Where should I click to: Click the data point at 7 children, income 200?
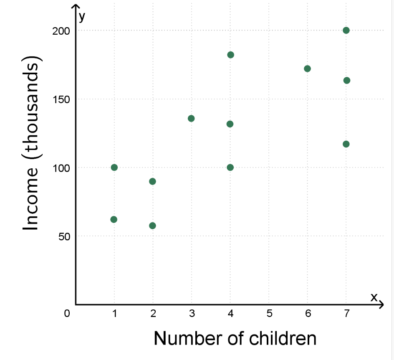pyautogui.click(x=346, y=30)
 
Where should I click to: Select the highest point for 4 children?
pyautogui.click(x=230, y=55)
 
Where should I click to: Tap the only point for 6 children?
pyautogui.click(x=307, y=68)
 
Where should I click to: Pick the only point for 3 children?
pyautogui.click(x=191, y=118)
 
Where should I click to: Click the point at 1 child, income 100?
pyautogui.click(x=114, y=167)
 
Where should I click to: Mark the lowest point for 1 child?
pyautogui.click(x=114, y=219)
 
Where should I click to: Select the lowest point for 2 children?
pyautogui.click(x=152, y=226)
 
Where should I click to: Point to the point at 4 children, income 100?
pyautogui.click(x=230, y=167)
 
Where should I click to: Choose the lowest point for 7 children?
pyautogui.click(x=346, y=144)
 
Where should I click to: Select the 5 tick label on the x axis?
pyautogui.click(x=269, y=314)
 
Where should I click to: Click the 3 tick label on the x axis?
pyautogui.click(x=192, y=314)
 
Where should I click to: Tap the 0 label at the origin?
pyautogui.click(x=67, y=314)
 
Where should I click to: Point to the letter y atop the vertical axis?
pyautogui.click(x=82, y=17)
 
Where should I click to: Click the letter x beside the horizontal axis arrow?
pyautogui.click(x=374, y=297)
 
